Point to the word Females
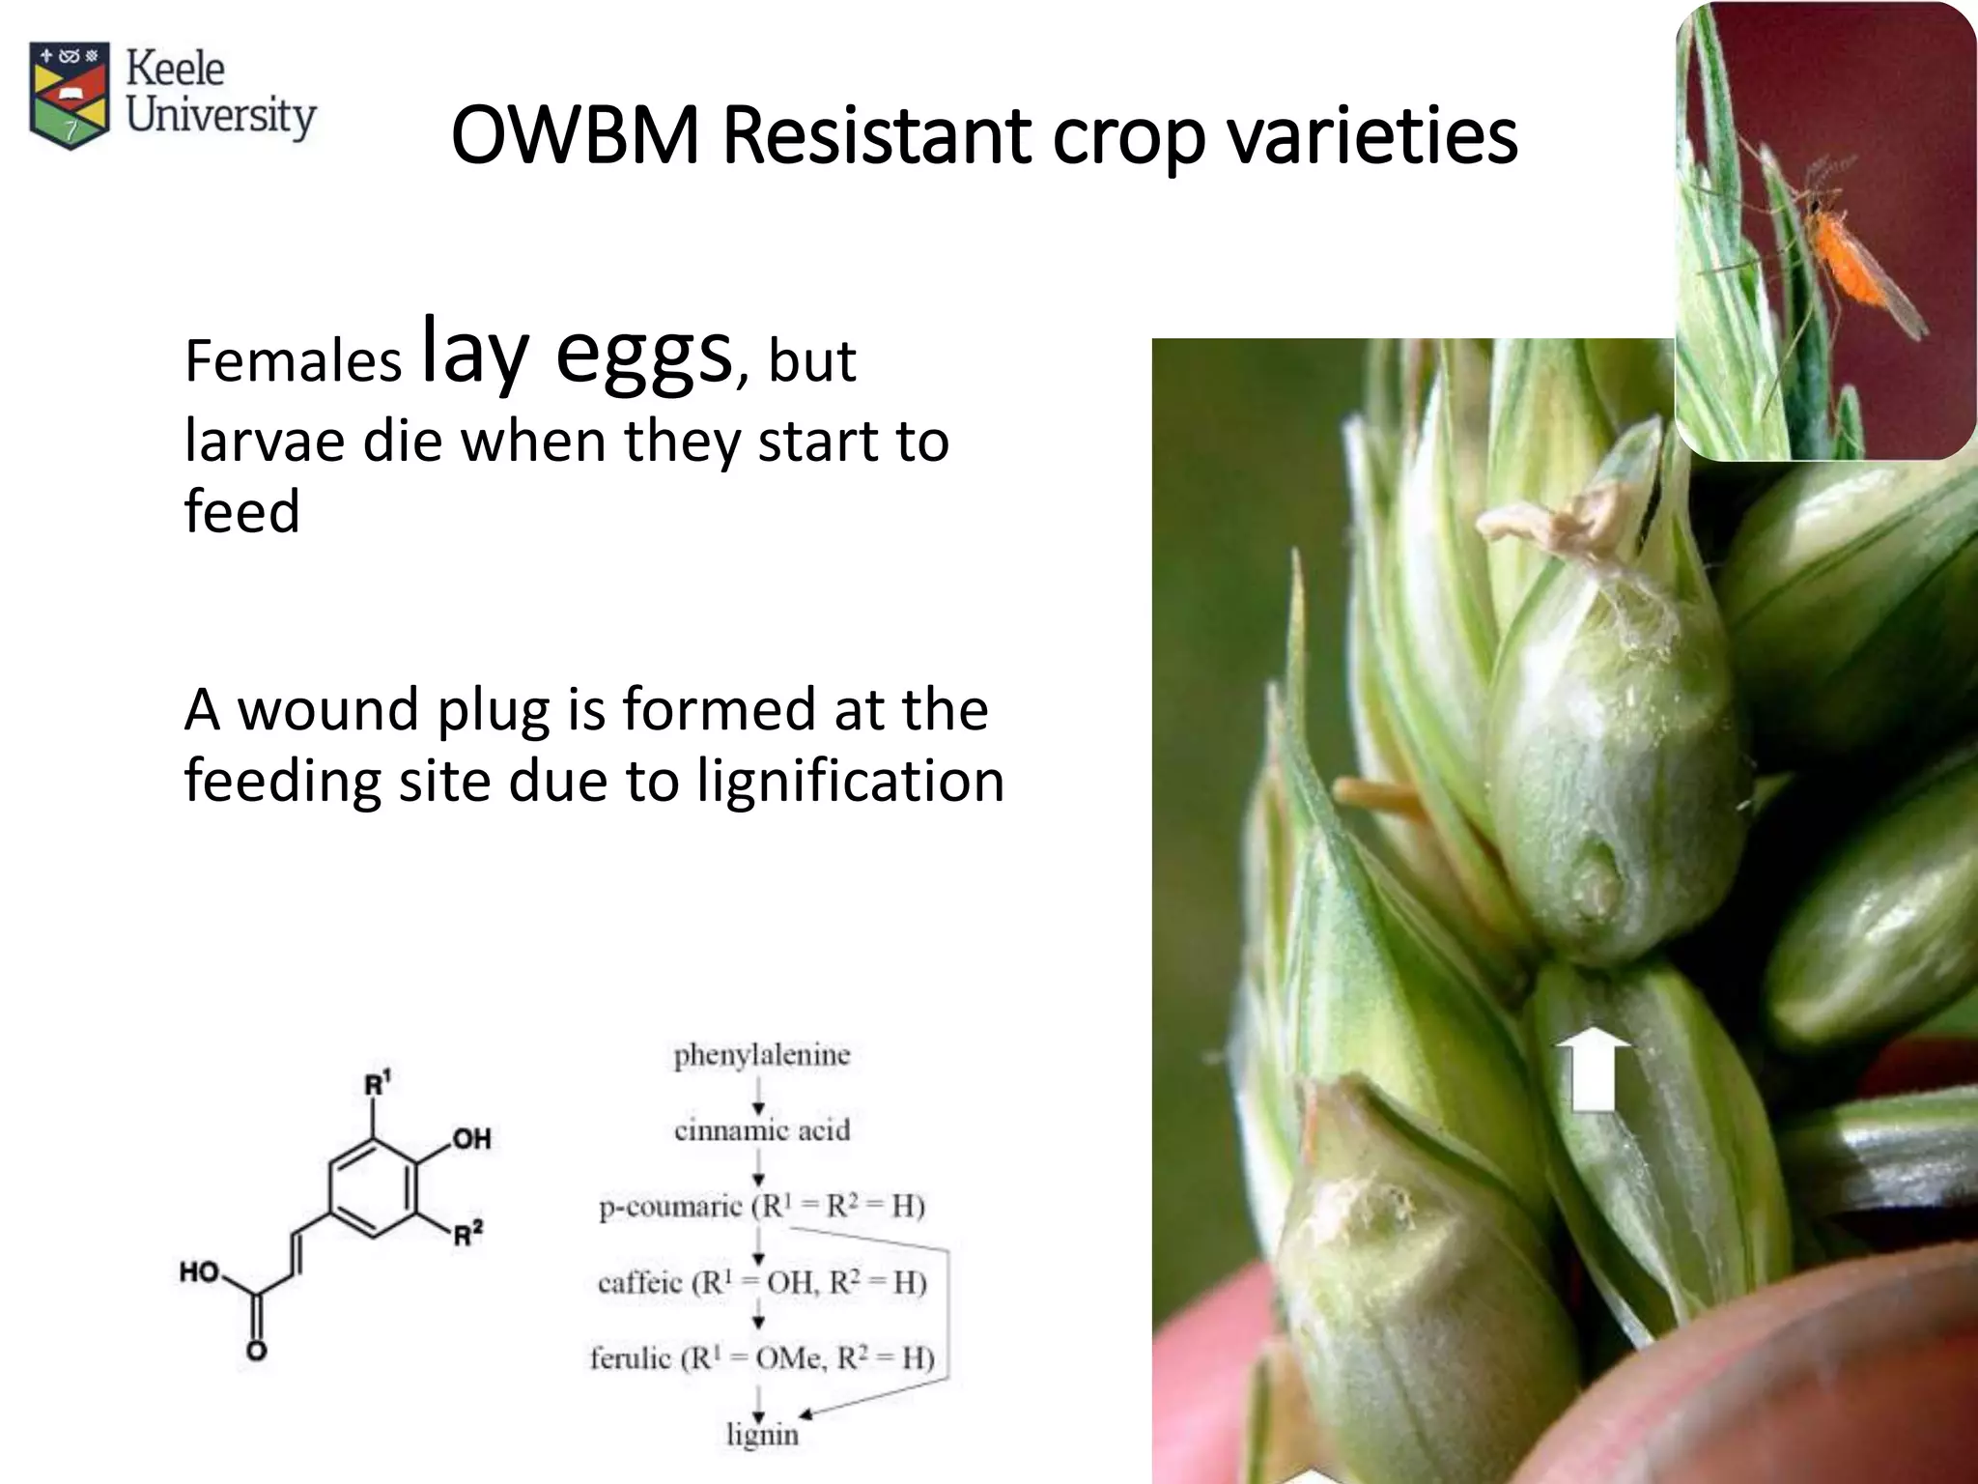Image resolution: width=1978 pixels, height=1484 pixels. click(293, 361)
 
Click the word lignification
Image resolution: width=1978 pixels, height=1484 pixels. click(850, 781)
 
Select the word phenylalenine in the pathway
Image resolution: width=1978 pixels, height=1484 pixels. click(761, 1055)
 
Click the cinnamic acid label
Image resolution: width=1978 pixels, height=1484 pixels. click(761, 1130)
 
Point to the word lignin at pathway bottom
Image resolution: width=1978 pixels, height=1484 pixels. click(762, 1435)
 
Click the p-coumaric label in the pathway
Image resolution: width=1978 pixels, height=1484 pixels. click(670, 1208)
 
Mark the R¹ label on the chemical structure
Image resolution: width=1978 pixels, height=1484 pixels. click(377, 1084)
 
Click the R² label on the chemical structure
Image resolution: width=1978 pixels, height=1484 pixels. click(468, 1235)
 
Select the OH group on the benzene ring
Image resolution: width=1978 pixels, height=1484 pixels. click(471, 1139)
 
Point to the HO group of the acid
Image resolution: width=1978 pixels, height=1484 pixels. click(200, 1272)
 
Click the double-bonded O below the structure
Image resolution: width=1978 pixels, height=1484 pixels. click(256, 1351)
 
